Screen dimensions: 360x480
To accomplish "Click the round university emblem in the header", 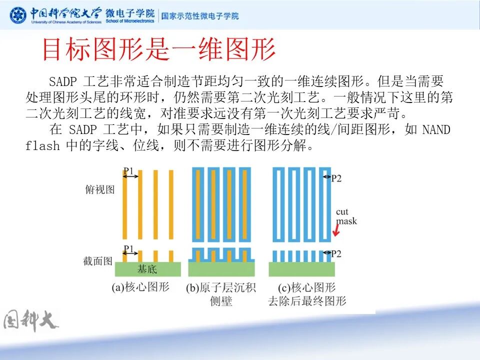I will [18, 15].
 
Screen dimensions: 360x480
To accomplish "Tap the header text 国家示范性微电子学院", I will [199, 15].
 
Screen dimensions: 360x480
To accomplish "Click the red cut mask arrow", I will [337, 230].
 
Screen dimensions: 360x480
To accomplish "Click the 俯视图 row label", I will [100, 190].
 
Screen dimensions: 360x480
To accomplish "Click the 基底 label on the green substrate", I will [147, 269].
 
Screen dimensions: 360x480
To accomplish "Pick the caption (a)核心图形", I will [140, 287].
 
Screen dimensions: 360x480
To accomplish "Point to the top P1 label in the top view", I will [128, 172].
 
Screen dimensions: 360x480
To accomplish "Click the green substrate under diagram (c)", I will [301, 269].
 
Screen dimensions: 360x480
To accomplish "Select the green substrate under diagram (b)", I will [221, 269].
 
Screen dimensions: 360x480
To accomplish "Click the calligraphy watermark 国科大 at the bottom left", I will [30, 320].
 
